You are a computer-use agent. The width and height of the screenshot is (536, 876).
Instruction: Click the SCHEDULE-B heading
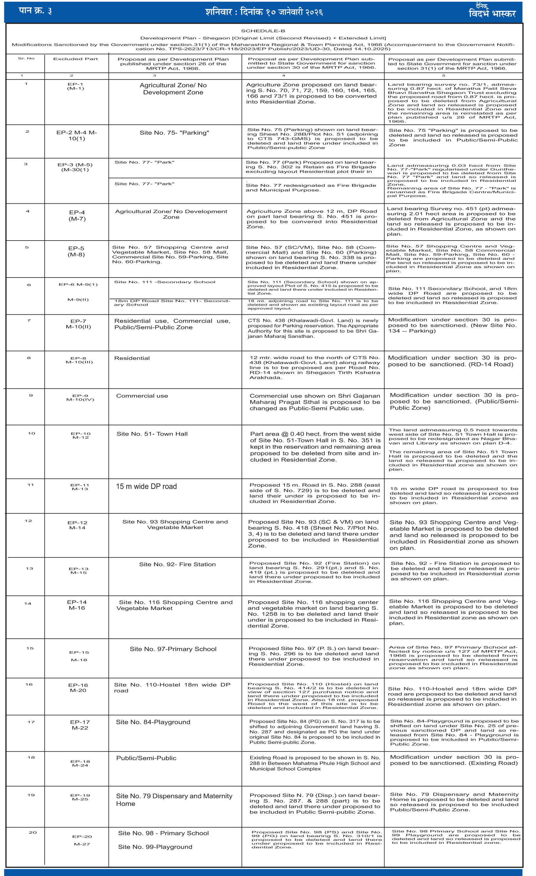pyautogui.click(x=263, y=31)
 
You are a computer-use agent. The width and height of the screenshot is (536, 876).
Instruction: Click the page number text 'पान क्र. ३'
pyautogui.click(x=35, y=11)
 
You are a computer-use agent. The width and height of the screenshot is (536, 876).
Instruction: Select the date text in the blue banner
pyautogui.click(x=264, y=12)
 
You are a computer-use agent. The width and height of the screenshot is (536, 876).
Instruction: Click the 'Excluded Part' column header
pyautogui.click(x=75, y=59)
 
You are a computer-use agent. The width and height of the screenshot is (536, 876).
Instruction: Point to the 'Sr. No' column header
pyautogui.click(x=26, y=58)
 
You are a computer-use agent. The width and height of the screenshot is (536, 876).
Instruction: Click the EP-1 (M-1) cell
pyautogui.click(x=75, y=86)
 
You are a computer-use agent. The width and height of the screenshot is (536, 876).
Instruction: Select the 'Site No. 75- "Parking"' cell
pyautogui.click(x=174, y=133)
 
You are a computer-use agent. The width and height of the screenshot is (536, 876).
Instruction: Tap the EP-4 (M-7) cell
pyautogui.click(x=77, y=215)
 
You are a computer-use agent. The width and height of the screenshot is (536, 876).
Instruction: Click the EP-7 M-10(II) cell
pyautogui.click(x=78, y=324)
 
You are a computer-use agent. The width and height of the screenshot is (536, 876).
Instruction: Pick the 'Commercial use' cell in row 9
pyautogui.click(x=142, y=396)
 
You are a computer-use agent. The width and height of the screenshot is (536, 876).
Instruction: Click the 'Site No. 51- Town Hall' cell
pyautogui.click(x=152, y=434)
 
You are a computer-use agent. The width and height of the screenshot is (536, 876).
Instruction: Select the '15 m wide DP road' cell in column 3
pyautogui.click(x=146, y=486)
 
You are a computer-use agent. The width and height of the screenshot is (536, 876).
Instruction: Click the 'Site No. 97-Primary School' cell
pyautogui.click(x=173, y=649)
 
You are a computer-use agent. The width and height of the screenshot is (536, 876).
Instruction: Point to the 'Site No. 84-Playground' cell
pyautogui.click(x=153, y=722)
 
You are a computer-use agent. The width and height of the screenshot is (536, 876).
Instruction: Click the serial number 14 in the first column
pyautogui.click(x=28, y=603)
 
